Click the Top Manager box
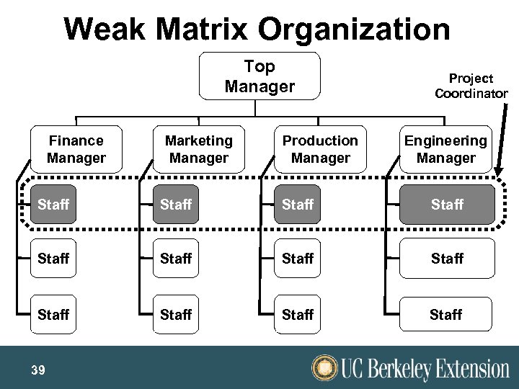(x=259, y=76)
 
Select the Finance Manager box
(x=76, y=149)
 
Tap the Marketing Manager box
(x=198, y=149)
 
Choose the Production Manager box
(x=320, y=149)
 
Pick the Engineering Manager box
(x=445, y=149)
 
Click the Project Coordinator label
(x=471, y=86)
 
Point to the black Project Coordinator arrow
(x=502, y=137)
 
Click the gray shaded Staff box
(x=447, y=205)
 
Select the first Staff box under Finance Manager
(x=54, y=205)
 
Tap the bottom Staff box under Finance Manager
(x=54, y=315)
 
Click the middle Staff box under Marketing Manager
(x=176, y=258)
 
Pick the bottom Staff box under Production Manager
(x=298, y=315)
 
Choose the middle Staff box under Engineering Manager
(x=447, y=258)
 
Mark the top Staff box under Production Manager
(x=298, y=205)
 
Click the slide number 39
(x=38, y=370)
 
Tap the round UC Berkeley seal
(x=325, y=368)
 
